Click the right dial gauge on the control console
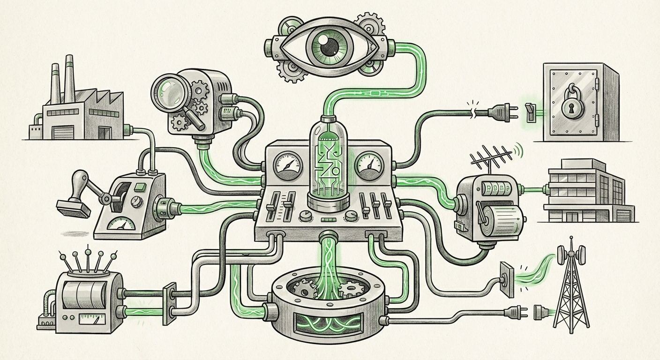tap(370, 164)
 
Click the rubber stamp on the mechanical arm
tap(73, 208)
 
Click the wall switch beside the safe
tap(530, 112)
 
